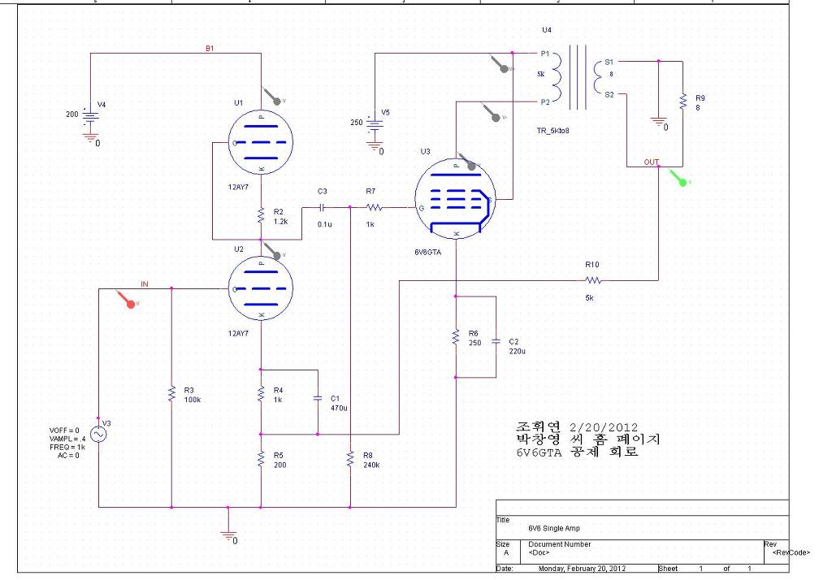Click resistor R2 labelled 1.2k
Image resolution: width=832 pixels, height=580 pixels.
pos(262,216)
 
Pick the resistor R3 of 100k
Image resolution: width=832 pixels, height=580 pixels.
pos(171,394)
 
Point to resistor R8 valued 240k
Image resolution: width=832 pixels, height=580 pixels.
pos(349,460)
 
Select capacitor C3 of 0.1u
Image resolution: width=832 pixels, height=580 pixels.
pos(323,207)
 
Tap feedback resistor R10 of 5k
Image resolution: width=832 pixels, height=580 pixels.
pos(592,280)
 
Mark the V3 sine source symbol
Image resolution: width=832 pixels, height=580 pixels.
pos(98,435)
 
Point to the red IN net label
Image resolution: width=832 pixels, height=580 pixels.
pos(145,284)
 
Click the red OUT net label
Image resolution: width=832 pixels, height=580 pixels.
pos(652,162)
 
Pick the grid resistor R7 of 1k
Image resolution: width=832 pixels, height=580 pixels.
pos(374,207)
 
